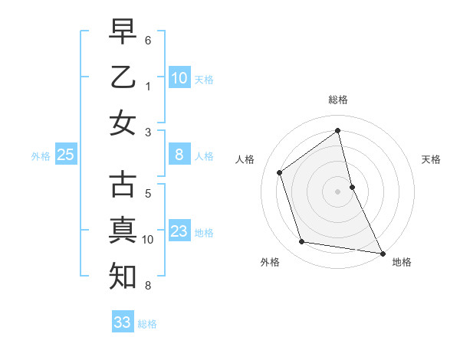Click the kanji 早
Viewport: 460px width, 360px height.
pyautogui.click(x=123, y=34)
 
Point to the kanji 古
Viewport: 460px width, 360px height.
pyautogui.click(x=123, y=186)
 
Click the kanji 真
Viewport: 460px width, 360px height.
pyautogui.click(x=123, y=230)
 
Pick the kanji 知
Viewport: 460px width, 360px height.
pyautogui.click(x=123, y=274)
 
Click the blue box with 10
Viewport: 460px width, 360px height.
pyautogui.click(x=179, y=78)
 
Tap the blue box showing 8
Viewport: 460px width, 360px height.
pyautogui.click(x=179, y=155)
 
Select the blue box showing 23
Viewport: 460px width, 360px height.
pyautogui.click(x=179, y=232)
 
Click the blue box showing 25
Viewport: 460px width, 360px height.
pyautogui.click(x=66, y=155)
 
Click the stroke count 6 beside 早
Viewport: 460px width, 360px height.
pyautogui.click(x=148, y=38)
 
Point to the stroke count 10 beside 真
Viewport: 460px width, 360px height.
pyautogui.click(x=148, y=240)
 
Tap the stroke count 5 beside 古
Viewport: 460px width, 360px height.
pyautogui.click(x=148, y=194)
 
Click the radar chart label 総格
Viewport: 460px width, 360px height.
pyautogui.click(x=338, y=100)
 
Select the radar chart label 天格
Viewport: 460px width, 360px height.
pyautogui.click(x=431, y=159)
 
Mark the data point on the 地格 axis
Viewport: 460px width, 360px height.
pyautogui.click(x=382, y=252)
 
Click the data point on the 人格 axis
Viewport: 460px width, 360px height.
pyautogui.click(x=280, y=172)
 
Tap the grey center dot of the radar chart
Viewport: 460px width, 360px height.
pyautogui.click(x=337, y=191)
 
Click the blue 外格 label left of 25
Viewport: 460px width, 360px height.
pyautogui.click(x=41, y=156)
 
